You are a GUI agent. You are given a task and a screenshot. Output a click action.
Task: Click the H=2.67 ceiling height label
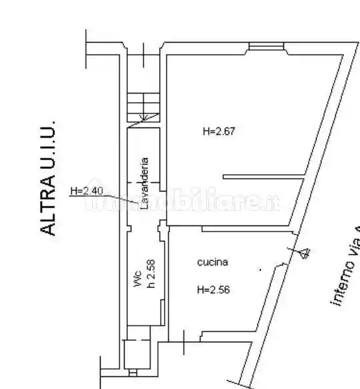(x=219, y=132)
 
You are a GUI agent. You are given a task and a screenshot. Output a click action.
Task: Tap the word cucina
(x=213, y=262)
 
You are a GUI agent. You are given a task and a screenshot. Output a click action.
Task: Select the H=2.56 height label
(x=213, y=290)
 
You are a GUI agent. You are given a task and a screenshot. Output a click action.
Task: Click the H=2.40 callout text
(x=87, y=191)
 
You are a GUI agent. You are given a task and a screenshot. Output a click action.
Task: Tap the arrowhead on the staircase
(x=141, y=121)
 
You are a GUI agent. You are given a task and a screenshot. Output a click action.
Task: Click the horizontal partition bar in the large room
(x=263, y=177)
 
